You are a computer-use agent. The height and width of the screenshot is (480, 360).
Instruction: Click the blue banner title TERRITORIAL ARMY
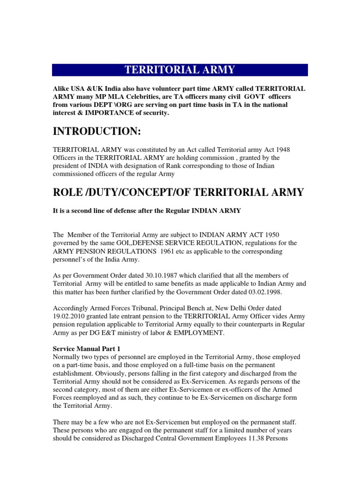click(180, 70)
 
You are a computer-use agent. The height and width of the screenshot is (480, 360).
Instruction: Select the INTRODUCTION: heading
click(97, 132)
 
